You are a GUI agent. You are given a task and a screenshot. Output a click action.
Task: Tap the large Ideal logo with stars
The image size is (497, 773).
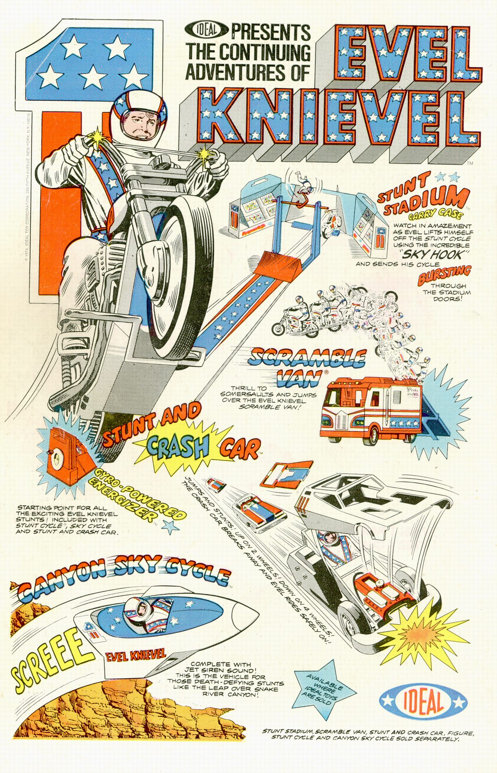click(x=423, y=701)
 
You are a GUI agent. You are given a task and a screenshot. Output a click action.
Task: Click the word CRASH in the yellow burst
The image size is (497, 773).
click(x=177, y=446)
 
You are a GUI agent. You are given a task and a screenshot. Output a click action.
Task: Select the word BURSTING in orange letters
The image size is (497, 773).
click(x=444, y=276)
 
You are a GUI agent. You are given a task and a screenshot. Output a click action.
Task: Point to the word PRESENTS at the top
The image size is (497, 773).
click(x=271, y=32)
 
